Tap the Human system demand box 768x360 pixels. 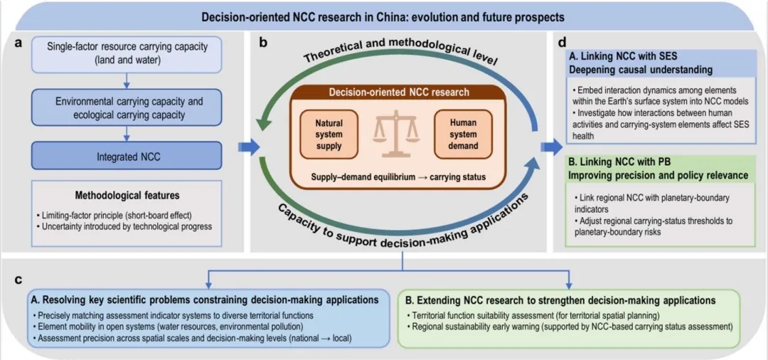click(x=463, y=134)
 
